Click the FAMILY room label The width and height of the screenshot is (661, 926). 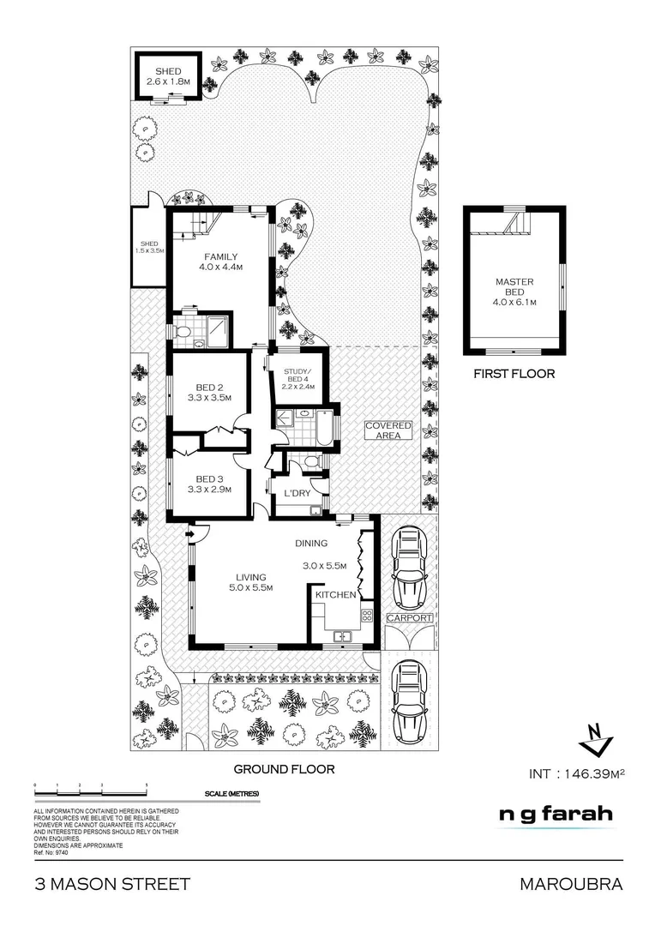tap(220, 262)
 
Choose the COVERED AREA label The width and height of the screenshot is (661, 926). tap(388, 431)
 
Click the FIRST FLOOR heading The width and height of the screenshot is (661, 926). tap(514, 374)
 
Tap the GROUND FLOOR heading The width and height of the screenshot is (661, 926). tap(284, 770)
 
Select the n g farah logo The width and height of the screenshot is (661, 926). tap(556, 815)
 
